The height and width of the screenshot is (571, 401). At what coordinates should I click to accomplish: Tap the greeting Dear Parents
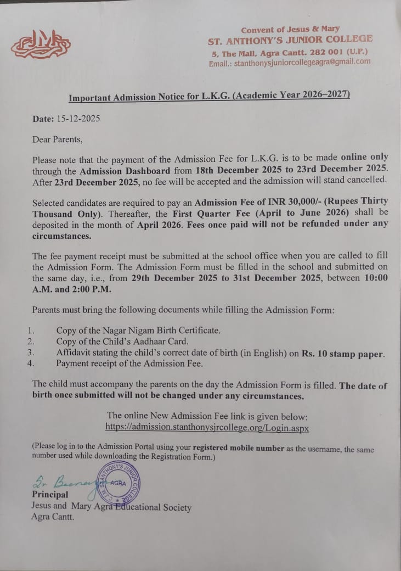click(57, 139)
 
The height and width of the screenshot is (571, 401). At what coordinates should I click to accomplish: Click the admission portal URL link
click(207, 427)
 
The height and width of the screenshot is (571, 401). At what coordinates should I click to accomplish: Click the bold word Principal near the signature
click(50, 495)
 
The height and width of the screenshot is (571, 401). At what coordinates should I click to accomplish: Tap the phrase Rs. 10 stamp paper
click(342, 354)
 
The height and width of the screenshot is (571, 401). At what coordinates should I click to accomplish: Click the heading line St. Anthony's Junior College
click(290, 40)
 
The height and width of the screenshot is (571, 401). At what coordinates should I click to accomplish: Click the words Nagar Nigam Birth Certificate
click(162, 331)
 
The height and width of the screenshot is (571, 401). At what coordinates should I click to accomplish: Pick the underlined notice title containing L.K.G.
click(209, 97)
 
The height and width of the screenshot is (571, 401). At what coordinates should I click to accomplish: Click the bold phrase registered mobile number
click(239, 448)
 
